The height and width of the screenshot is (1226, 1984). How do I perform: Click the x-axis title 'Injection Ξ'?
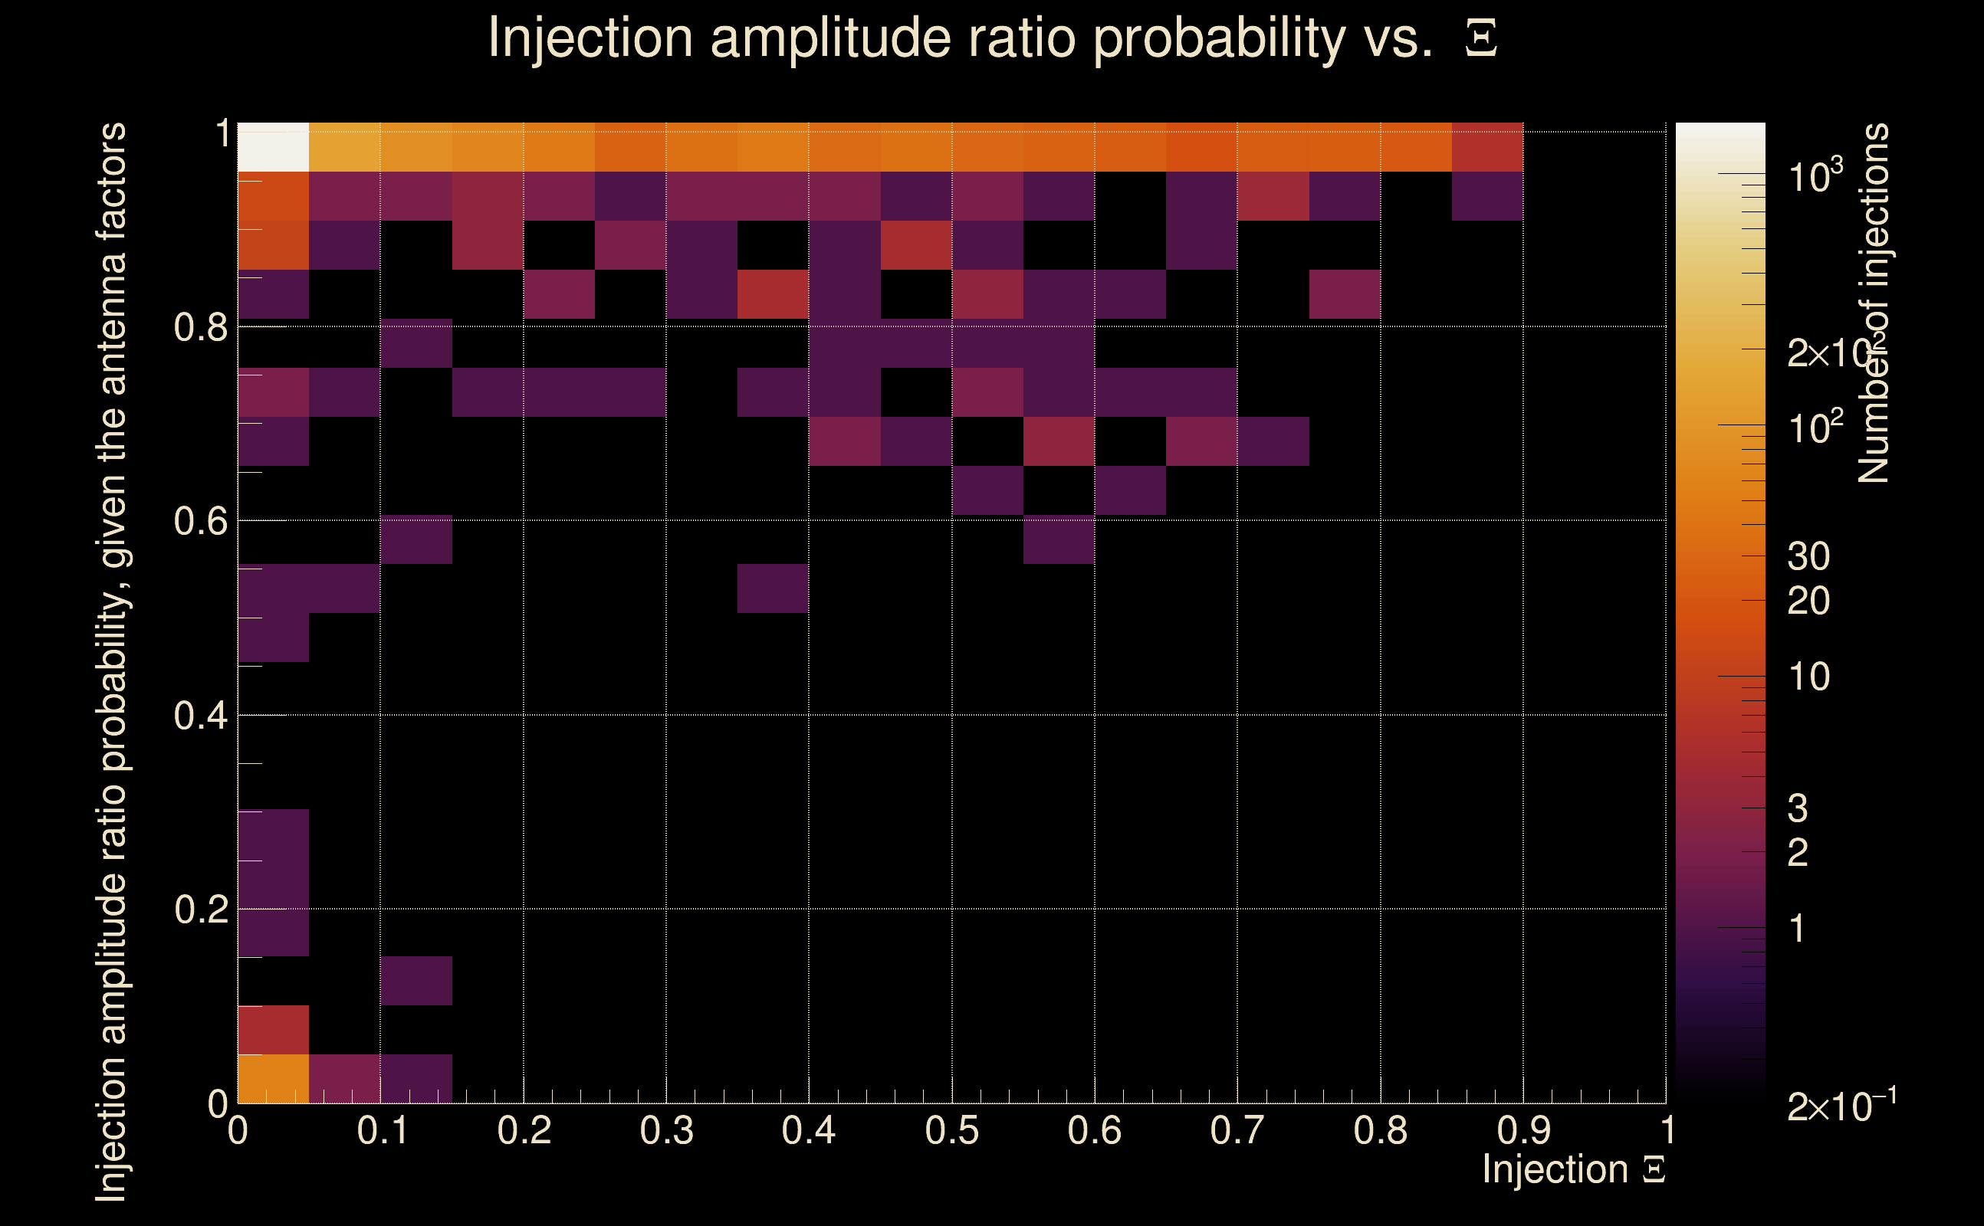click(1574, 1169)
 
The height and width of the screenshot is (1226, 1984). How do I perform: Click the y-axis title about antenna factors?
click(111, 661)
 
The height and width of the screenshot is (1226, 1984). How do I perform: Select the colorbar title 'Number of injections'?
click(1874, 303)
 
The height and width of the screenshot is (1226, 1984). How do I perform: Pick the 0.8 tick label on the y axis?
click(200, 328)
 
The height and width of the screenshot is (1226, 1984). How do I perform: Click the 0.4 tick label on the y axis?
click(200, 716)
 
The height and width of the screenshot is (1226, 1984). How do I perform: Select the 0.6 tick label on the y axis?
click(200, 521)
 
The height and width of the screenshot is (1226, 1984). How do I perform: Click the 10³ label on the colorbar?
click(1815, 176)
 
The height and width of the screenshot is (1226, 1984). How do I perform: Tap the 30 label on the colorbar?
click(1808, 557)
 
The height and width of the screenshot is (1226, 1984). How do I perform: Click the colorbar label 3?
click(1798, 808)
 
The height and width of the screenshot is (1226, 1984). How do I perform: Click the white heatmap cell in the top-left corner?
click(274, 147)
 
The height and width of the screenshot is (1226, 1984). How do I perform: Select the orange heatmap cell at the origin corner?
click(274, 1078)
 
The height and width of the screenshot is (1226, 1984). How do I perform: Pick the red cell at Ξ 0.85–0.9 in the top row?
click(1486, 147)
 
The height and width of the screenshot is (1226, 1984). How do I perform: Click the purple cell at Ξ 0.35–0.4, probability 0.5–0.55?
click(773, 588)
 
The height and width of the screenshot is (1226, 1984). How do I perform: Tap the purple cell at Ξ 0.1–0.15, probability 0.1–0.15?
click(416, 980)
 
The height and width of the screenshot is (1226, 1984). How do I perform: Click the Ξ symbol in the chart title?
click(1481, 38)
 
